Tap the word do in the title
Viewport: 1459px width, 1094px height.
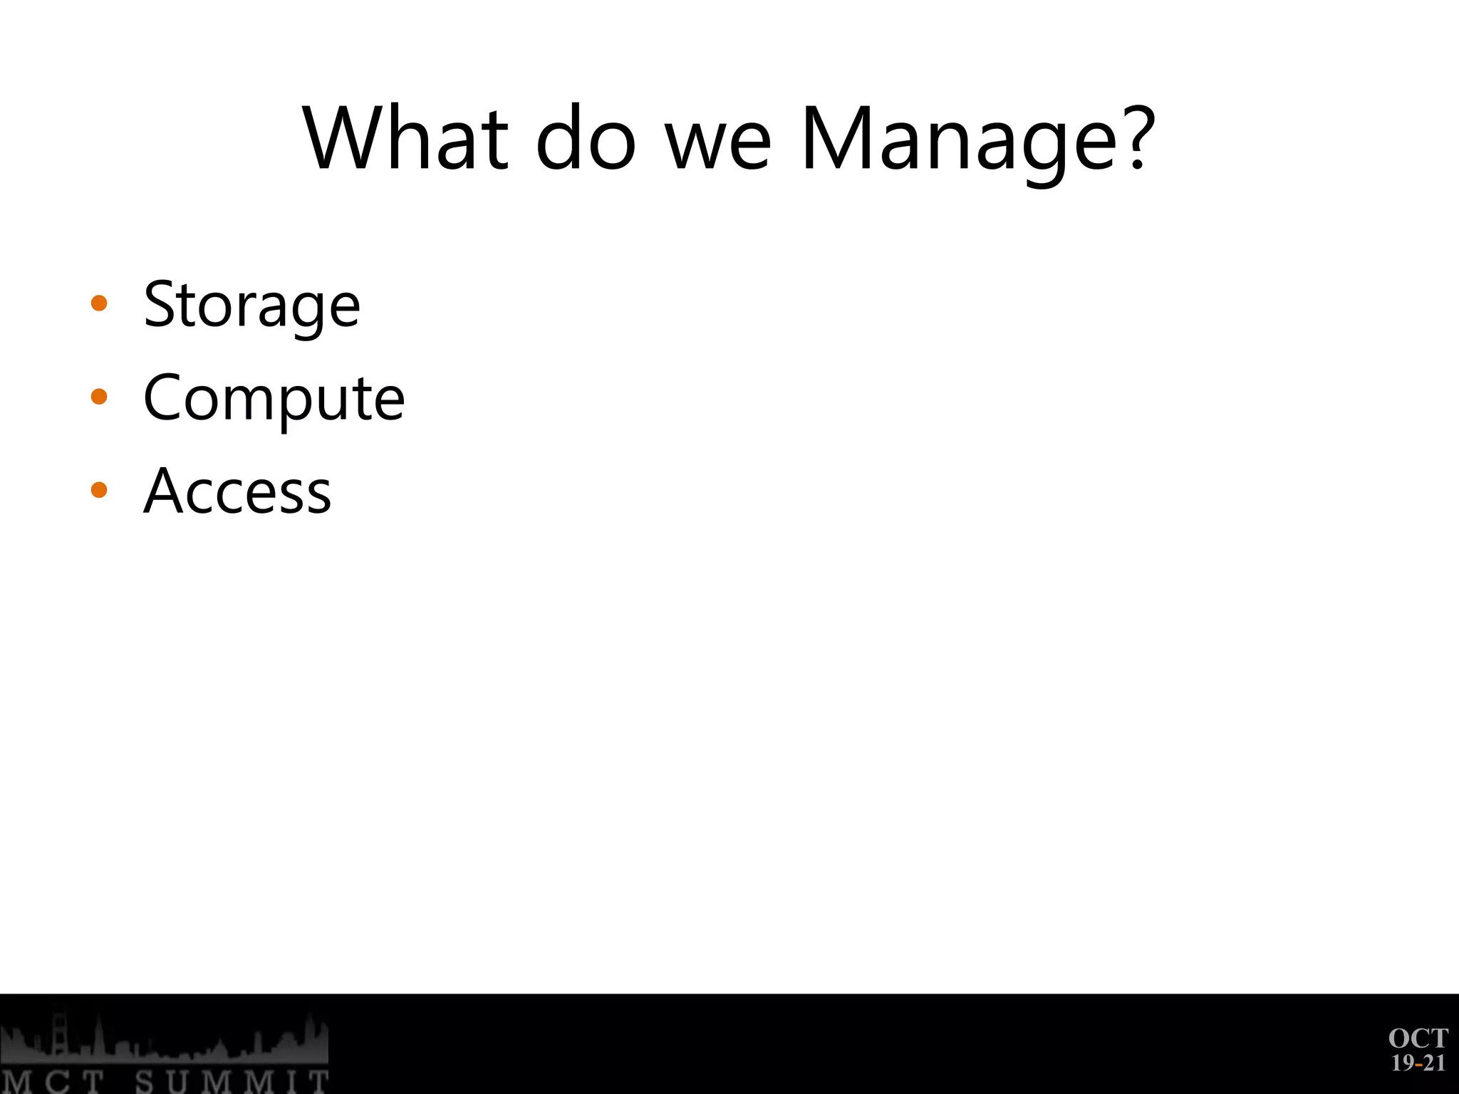click(x=585, y=138)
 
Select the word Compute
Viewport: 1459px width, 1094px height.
click(x=274, y=400)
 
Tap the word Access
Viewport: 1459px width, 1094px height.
click(x=237, y=491)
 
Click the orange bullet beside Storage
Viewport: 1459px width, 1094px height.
click(x=99, y=303)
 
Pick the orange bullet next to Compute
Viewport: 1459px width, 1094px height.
click(x=99, y=397)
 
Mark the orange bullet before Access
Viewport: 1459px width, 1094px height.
click(x=99, y=490)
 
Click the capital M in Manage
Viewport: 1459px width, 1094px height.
click(x=834, y=138)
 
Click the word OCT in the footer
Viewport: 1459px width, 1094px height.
click(x=1418, y=1038)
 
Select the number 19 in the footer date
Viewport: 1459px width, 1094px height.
click(x=1403, y=1063)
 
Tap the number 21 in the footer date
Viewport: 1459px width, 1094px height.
click(x=1434, y=1063)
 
